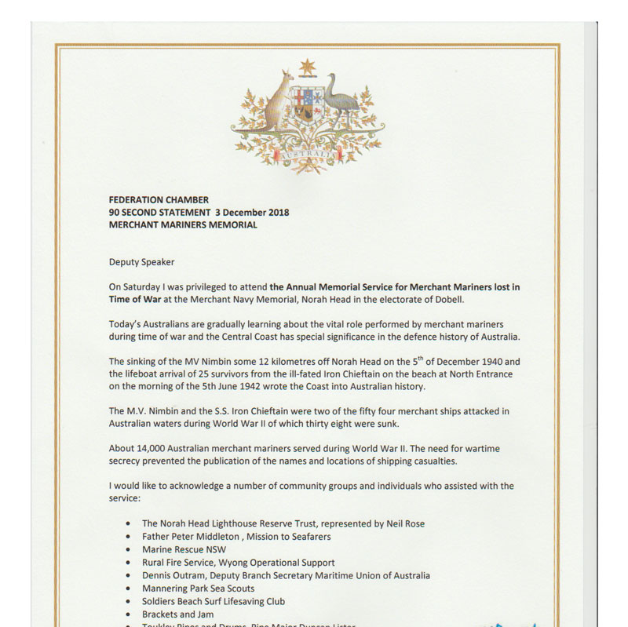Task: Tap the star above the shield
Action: pos(307,67)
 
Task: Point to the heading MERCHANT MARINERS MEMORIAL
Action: pos(183,225)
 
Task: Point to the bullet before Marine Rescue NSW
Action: pos(128,550)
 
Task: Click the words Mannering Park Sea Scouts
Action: pos(198,589)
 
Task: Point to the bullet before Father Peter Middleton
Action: pos(128,538)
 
